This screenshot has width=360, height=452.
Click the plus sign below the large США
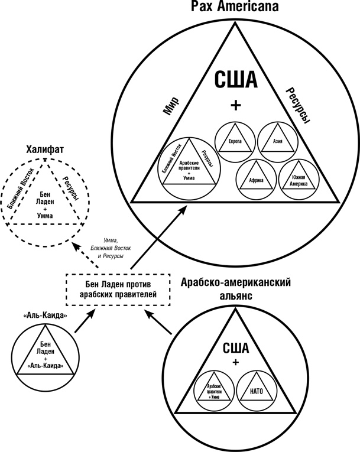pyautogui.click(x=235, y=106)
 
